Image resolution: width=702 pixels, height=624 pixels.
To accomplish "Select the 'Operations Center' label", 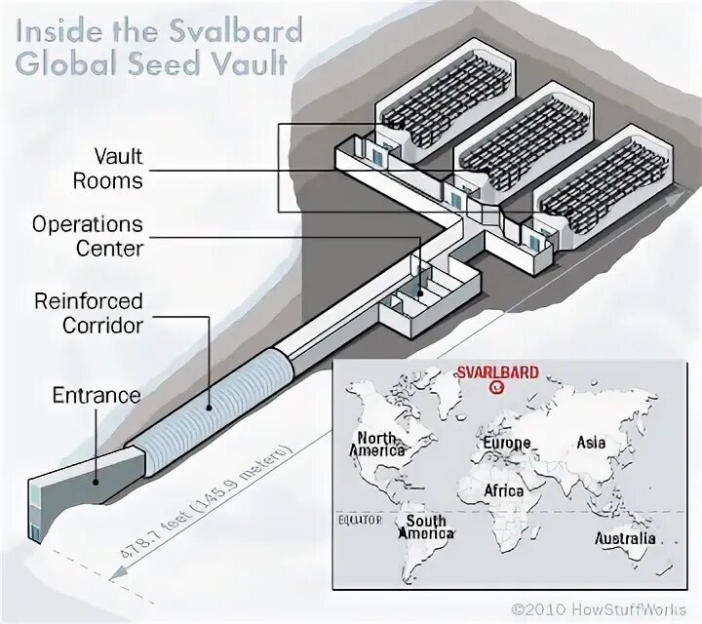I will point(88,236).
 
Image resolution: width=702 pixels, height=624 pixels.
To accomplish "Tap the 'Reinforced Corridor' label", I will point(89,311).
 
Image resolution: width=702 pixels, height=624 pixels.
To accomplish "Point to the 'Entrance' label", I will point(97,396).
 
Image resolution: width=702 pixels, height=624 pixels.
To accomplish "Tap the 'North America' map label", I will point(377,444).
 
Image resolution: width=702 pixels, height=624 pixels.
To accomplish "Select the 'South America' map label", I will point(426,526).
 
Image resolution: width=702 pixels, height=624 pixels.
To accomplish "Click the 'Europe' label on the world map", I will point(506,444).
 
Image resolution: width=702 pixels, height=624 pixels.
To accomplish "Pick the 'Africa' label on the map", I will point(503,490).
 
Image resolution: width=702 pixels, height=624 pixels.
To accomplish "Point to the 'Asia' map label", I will point(591,444).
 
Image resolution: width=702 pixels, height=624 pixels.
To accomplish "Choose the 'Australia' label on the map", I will point(626,538).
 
